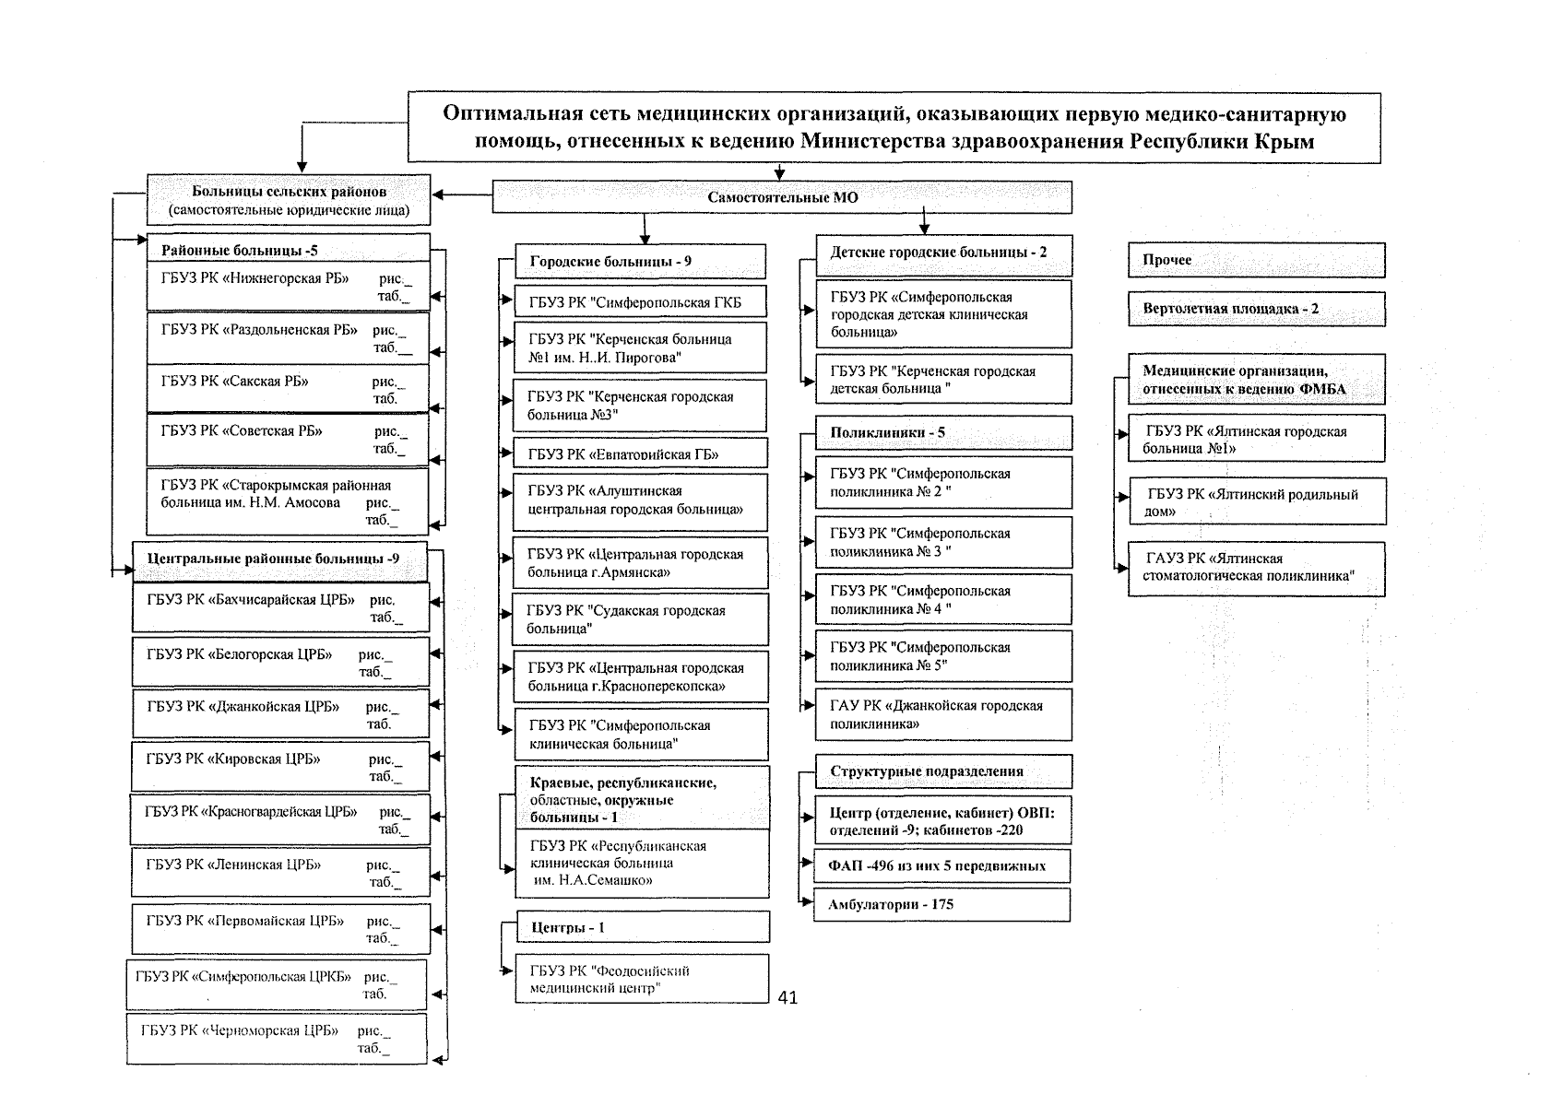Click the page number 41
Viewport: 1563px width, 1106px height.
click(x=787, y=997)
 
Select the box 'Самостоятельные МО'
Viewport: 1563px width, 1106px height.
click(x=782, y=197)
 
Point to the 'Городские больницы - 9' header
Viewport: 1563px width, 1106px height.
click(x=640, y=262)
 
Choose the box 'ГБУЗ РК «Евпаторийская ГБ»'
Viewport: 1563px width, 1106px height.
click(x=640, y=453)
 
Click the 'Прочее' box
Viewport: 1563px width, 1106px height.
click(x=1256, y=260)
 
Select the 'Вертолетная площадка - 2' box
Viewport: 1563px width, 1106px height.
click(x=1256, y=309)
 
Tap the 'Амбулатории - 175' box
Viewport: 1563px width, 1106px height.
click(x=941, y=904)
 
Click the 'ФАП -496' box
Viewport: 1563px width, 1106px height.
click(x=941, y=865)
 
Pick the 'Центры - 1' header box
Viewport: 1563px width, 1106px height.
click(x=642, y=927)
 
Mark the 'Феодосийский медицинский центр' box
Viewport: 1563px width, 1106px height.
click(x=642, y=979)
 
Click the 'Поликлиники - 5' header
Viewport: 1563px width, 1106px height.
click(x=942, y=432)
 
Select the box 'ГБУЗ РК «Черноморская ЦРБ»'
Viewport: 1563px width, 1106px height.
click(x=277, y=1039)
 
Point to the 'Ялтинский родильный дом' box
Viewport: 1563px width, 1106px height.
click(x=1256, y=501)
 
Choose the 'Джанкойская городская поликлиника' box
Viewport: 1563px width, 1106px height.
click(x=942, y=714)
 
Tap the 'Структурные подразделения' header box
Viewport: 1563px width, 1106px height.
click(x=942, y=771)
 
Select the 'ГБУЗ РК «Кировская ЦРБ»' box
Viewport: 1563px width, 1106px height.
click(x=280, y=767)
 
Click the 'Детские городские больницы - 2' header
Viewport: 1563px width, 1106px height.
click(x=942, y=253)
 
